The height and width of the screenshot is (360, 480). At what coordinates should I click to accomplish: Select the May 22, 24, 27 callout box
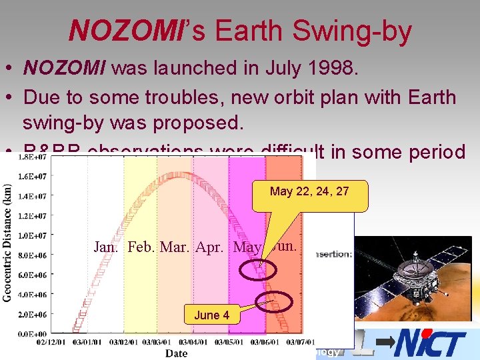[x=309, y=191]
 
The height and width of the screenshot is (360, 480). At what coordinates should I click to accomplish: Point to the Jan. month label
[x=107, y=247]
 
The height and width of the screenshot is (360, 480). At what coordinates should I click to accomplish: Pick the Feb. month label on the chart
[x=141, y=247]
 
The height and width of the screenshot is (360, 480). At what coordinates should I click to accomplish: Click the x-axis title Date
[x=176, y=353]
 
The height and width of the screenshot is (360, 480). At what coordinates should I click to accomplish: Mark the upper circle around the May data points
[x=257, y=271]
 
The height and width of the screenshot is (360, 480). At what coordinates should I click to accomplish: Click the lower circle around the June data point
[x=276, y=302]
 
